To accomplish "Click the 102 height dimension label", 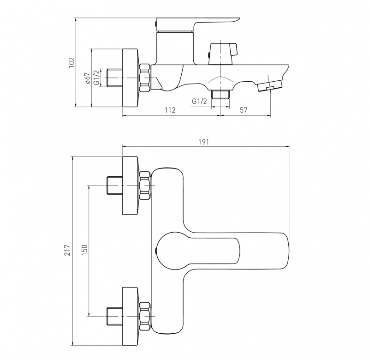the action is (x=71, y=62).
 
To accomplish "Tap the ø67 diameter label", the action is (x=87, y=78).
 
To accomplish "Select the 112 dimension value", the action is (x=170, y=110).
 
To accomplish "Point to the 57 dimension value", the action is (x=244, y=110).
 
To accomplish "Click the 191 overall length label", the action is (x=203, y=142).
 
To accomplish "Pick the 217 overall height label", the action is (x=67, y=250).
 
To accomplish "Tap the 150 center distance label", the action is (x=84, y=250).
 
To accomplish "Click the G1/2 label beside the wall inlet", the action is (x=97, y=77).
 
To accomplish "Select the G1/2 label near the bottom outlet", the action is (x=199, y=101).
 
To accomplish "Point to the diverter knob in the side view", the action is (x=223, y=54).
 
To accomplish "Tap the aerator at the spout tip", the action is (x=270, y=86).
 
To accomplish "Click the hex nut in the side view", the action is (x=145, y=78).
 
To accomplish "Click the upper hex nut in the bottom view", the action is (x=145, y=186).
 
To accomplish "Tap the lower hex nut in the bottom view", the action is (x=145, y=317).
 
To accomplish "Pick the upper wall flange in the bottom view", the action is (x=131, y=186).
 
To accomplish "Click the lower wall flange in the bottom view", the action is (x=131, y=317).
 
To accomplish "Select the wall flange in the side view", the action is (x=131, y=78).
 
